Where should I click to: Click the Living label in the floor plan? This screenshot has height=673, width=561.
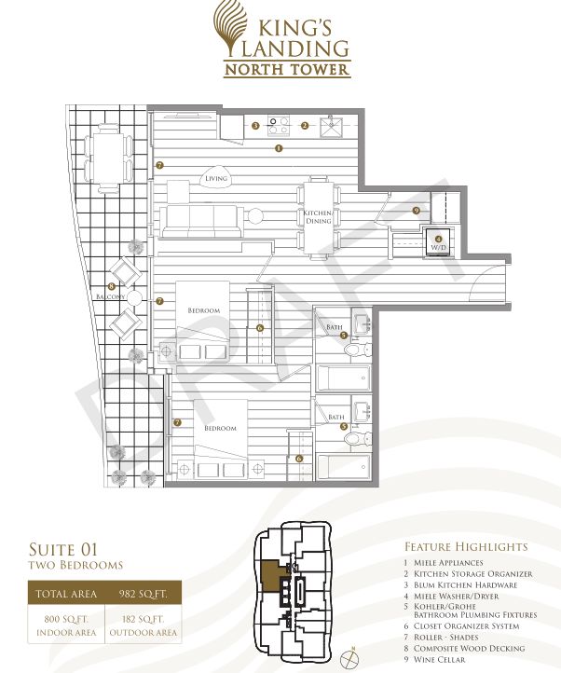(x=216, y=178)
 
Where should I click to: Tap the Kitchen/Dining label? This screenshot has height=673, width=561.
(x=318, y=217)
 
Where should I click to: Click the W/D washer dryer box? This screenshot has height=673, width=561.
(x=438, y=243)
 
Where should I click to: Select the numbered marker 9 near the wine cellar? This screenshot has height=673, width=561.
(x=416, y=211)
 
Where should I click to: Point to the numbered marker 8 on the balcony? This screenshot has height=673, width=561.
(x=112, y=286)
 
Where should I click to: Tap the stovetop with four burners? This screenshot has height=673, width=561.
(x=278, y=125)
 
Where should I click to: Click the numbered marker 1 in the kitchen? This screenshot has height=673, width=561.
(x=279, y=148)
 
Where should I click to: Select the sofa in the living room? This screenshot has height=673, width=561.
(x=201, y=221)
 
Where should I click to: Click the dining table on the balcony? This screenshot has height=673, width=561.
(x=109, y=158)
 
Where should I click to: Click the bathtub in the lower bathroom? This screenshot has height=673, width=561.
(x=343, y=466)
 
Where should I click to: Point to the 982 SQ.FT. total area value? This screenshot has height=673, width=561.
(x=144, y=594)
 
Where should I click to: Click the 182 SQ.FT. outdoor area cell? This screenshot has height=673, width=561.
(x=144, y=625)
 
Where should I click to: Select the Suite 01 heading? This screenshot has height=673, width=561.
(x=63, y=549)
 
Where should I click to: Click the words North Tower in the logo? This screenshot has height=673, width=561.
(x=287, y=70)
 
